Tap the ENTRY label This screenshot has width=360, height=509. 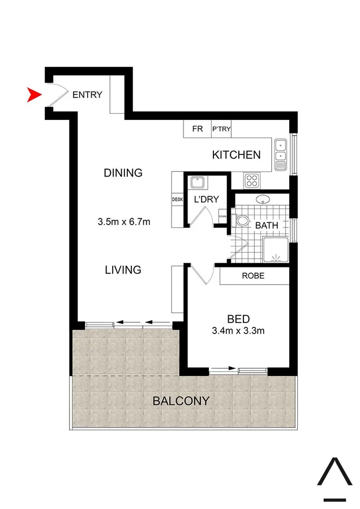pos(87,94)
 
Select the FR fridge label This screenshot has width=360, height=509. pos(197,129)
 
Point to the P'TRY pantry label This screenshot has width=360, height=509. pos(221,129)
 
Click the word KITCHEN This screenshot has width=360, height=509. pos(236,154)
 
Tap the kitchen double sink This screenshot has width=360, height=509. pos(281,155)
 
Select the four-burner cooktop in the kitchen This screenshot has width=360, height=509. pos(251,180)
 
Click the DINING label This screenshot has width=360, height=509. pos(123,172)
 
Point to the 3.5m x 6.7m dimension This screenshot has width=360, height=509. pos(124,222)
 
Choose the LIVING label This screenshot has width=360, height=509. pos(123,270)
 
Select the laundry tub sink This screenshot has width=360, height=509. pos(198,182)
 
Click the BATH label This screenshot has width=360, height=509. pos(266,225)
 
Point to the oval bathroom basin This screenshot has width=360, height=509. pos(262,199)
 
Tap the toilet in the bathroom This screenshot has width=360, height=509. pos(242,221)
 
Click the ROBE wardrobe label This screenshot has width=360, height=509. pos(253,277)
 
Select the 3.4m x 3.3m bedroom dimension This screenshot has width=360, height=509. pos(237,331)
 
